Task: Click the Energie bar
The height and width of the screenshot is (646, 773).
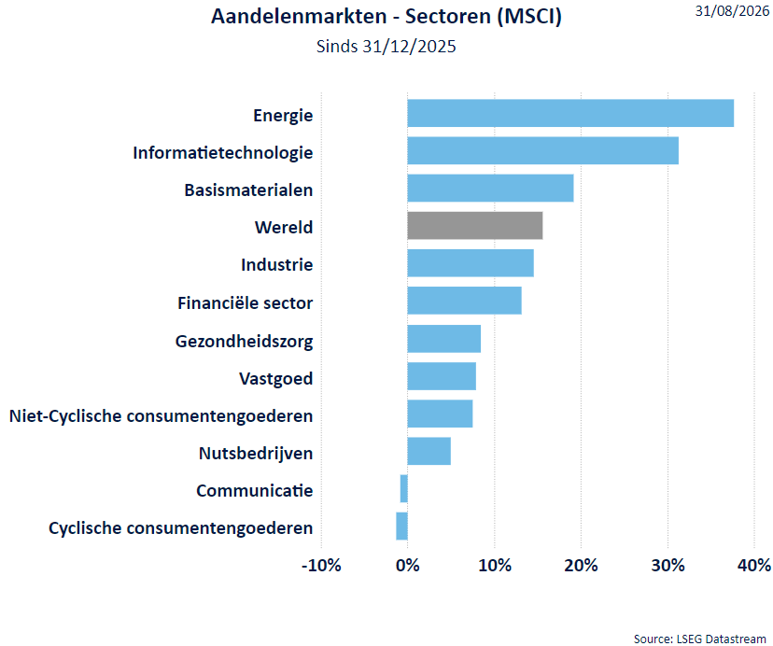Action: click(570, 113)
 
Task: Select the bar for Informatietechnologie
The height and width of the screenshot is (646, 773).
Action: click(542, 150)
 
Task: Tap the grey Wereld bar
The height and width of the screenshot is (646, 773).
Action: click(475, 225)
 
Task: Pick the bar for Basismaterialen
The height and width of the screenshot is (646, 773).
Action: click(490, 188)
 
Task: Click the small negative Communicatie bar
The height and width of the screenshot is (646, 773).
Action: click(403, 488)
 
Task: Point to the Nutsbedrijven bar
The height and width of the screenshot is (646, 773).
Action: click(429, 451)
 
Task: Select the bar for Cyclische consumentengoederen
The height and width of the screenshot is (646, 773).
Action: click(401, 527)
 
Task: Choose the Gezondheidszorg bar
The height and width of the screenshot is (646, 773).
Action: click(444, 339)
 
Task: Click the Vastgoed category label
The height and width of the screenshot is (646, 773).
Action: click(276, 379)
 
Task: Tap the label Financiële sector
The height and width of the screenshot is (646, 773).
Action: click(245, 302)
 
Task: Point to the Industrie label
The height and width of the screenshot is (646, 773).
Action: click(277, 265)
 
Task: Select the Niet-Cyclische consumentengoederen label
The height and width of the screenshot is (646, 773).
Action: click(162, 416)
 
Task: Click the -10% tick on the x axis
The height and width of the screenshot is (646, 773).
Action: click(321, 565)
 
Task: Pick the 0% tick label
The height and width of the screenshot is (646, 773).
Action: click(408, 565)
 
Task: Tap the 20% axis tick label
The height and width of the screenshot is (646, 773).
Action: click(582, 565)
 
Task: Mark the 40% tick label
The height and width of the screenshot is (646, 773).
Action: click(754, 565)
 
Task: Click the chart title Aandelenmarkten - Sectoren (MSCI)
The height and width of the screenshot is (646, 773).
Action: click(386, 16)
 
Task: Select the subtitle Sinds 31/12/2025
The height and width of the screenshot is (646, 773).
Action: click(386, 47)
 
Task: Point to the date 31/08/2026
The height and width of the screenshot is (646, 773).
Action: click(733, 11)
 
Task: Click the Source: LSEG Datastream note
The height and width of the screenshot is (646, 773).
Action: click(699, 639)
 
